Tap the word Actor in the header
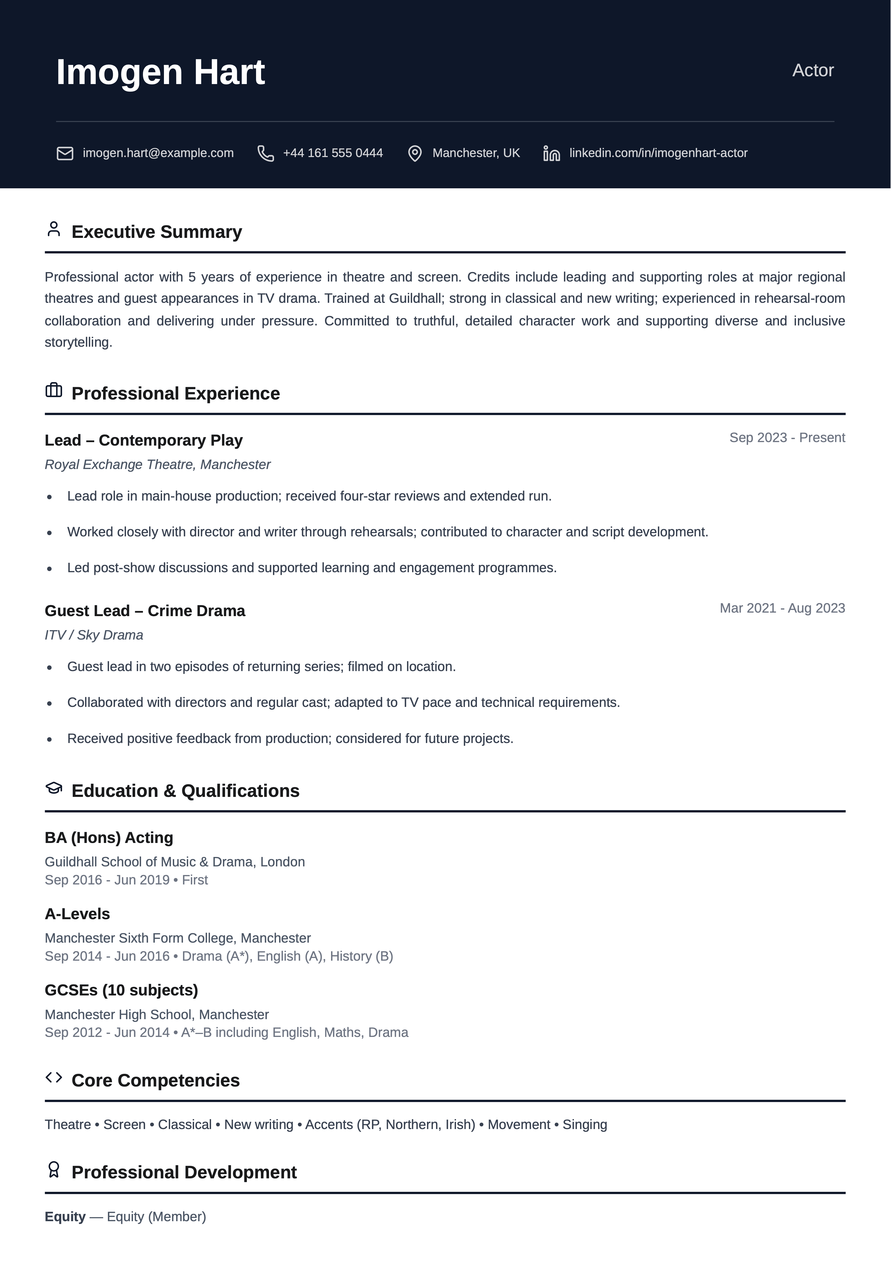pos(812,70)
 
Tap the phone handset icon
pos(265,154)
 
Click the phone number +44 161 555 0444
pos(333,153)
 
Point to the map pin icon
pos(414,154)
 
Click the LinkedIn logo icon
pos(552,154)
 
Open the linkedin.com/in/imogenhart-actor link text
pos(658,153)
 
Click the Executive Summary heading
pos(157,231)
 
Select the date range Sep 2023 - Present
pos(787,438)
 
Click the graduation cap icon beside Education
pos(54,788)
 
